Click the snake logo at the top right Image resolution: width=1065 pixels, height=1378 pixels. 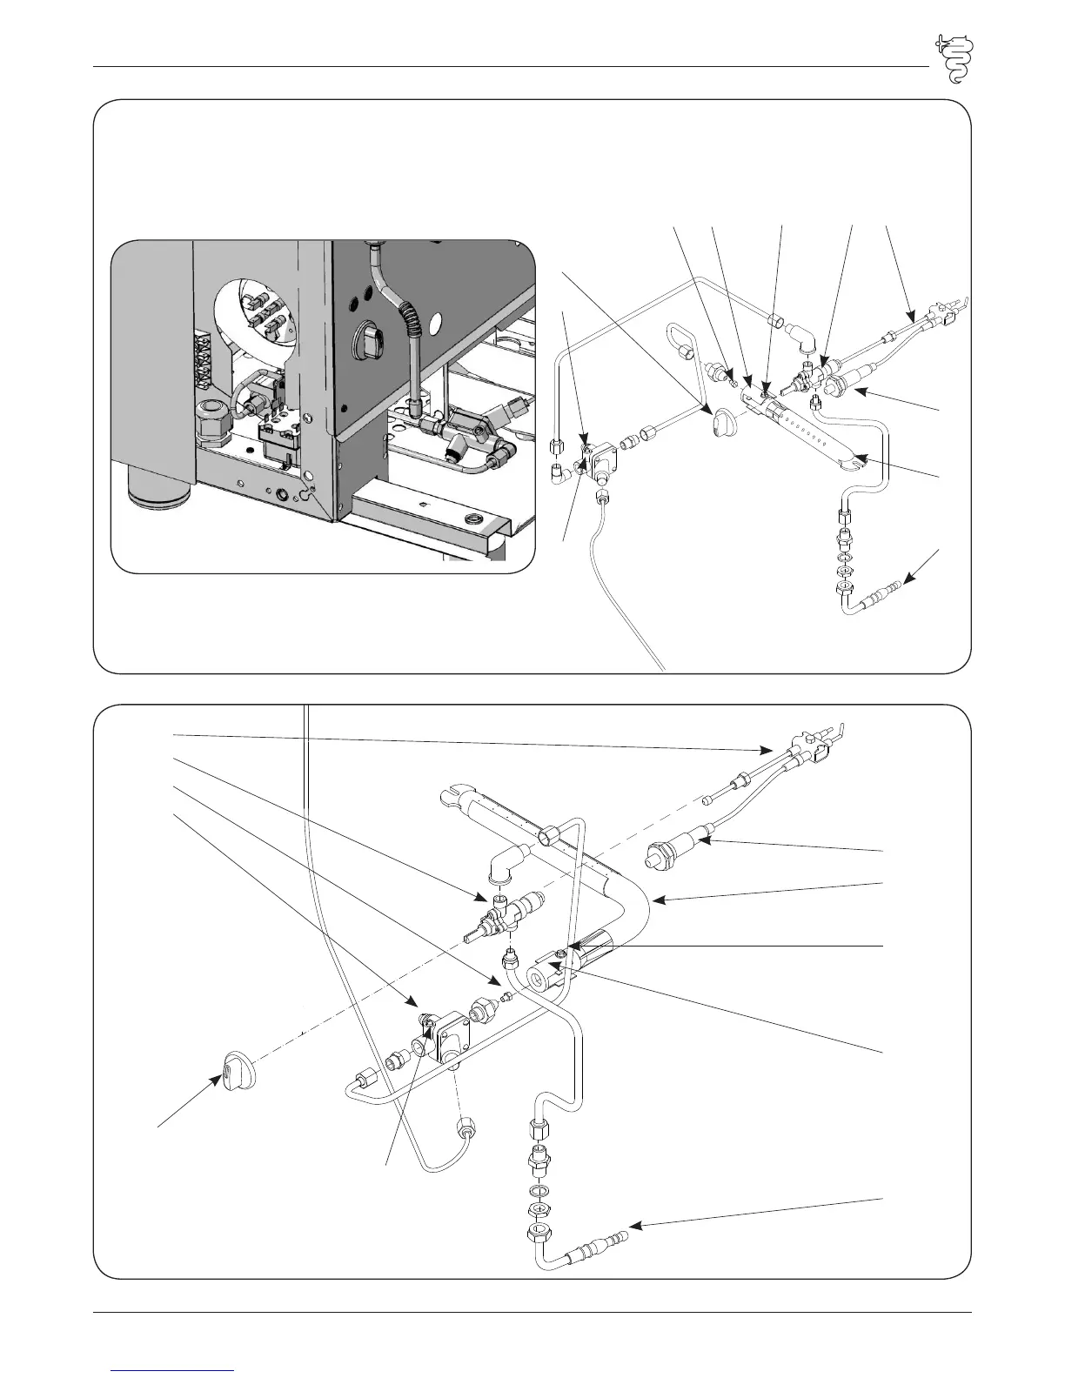(x=954, y=58)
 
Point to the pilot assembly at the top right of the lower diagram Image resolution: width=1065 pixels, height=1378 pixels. (x=809, y=744)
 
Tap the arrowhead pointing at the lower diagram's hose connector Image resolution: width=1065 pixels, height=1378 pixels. (x=634, y=1226)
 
